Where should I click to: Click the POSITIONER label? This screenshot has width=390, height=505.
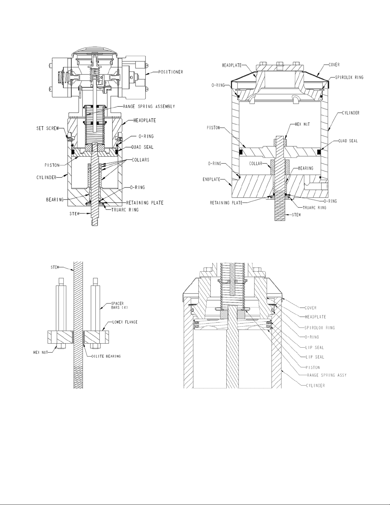coord(171,72)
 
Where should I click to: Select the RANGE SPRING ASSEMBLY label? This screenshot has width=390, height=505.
coord(149,106)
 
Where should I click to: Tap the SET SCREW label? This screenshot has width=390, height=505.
coord(47,128)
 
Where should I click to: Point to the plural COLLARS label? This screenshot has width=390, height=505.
coord(140,160)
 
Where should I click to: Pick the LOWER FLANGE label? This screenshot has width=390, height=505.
coord(125,322)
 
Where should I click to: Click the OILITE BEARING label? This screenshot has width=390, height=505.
coord(106,356)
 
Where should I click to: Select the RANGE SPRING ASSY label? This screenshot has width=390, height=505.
coord(327,375)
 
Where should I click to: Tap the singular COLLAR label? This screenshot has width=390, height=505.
coord(256,164)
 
